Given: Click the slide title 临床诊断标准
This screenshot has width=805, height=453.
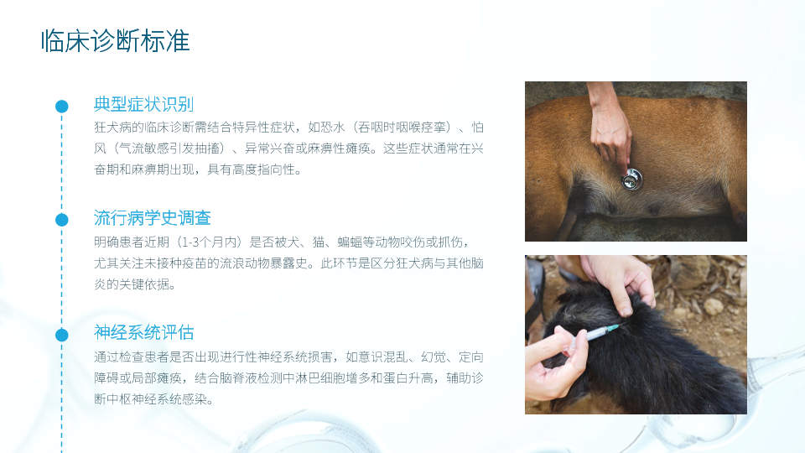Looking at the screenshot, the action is tap(116, 41).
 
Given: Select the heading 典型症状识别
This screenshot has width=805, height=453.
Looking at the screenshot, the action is tap(143, 104).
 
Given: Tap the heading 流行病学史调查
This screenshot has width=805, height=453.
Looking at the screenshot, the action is tap(153, 218).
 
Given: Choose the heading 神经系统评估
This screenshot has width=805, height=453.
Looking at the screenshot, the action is tap(143, 332).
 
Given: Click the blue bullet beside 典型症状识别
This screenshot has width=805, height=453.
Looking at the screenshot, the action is tap(61, 107).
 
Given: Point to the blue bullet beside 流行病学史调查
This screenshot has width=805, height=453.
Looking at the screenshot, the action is tap(61, 220).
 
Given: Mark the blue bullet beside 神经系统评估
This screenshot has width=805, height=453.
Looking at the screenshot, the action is tap(61, 335).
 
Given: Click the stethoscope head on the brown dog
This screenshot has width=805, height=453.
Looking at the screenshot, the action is tap(632, 180).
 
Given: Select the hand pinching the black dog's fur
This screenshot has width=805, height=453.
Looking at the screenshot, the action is tap(619, 282).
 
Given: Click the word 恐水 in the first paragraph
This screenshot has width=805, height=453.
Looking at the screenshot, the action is tap(333, 127).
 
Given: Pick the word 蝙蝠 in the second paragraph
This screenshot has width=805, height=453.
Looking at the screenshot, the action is tap(350, 242).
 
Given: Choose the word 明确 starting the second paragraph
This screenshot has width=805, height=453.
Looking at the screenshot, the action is tap(106, 242).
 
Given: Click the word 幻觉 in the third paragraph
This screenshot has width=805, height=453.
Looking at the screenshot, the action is tap(434, 357).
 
